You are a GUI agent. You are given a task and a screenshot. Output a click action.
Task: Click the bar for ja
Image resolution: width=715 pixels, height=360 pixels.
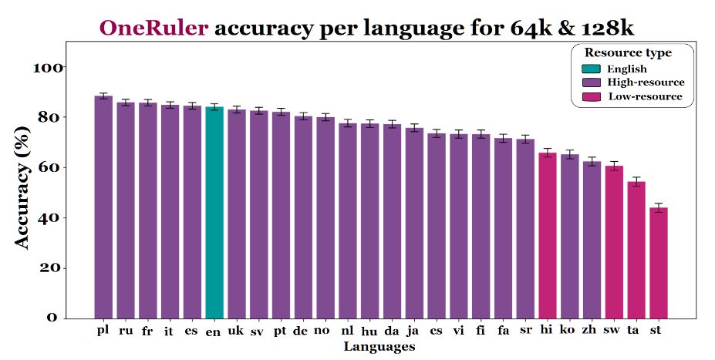click(414, 223)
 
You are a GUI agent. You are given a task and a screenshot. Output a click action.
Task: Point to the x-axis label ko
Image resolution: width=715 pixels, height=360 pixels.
click(568, 331)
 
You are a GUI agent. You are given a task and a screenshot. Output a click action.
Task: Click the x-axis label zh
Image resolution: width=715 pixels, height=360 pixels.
click(591, 331)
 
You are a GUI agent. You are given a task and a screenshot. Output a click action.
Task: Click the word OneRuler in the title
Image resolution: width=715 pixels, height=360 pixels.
click(153, 29)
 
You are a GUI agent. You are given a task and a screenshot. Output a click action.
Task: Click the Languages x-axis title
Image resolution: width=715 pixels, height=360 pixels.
click(379, 347)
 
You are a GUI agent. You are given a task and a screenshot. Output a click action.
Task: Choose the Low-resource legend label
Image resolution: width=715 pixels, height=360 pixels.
click(645, 96)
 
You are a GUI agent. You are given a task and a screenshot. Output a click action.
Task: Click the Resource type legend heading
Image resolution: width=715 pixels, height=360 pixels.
click(627, 53)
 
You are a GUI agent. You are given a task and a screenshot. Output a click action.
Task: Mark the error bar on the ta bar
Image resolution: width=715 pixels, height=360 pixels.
click(636, 182)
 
